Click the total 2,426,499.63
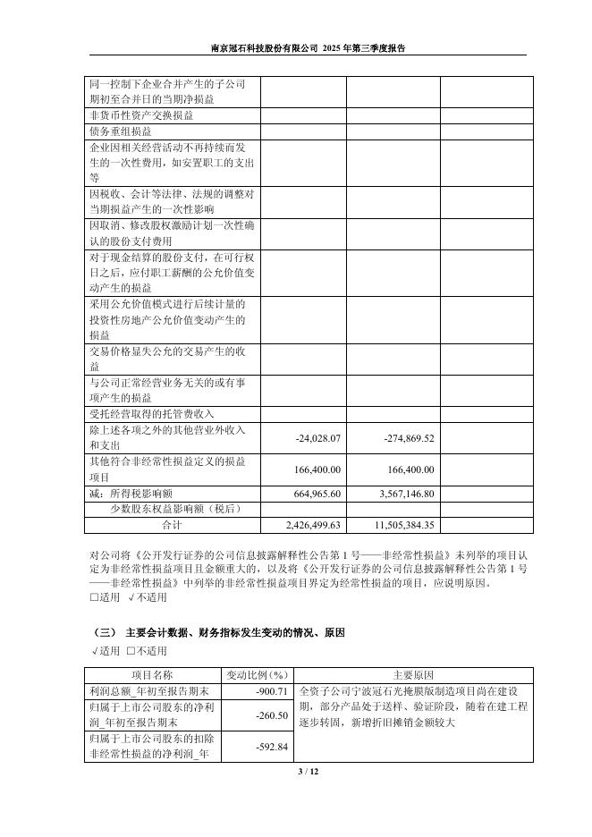(x=313, y=525)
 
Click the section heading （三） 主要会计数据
(x=218, y=632)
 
